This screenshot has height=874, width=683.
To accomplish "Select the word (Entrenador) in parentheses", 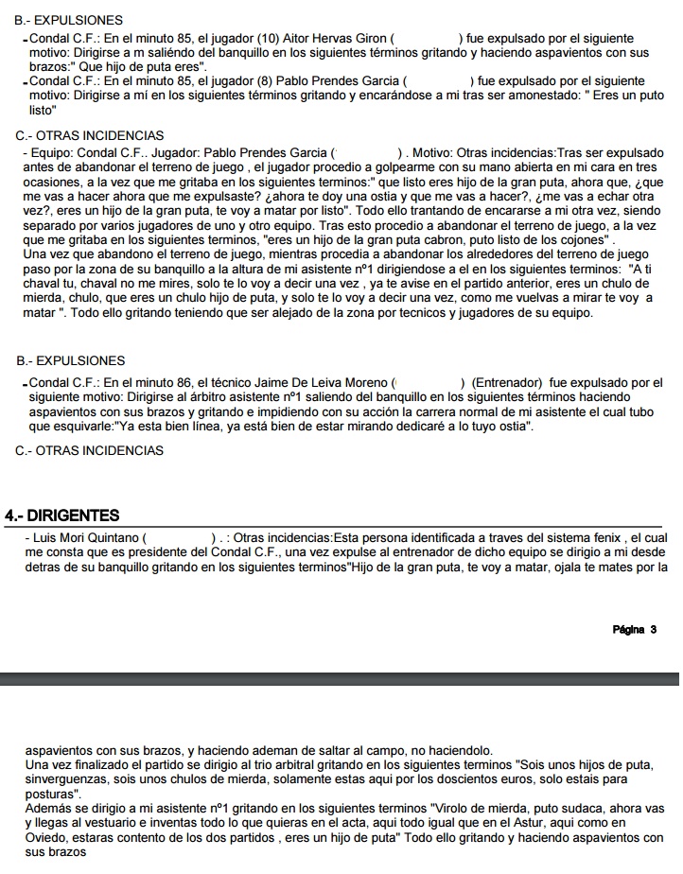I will (x=506, y=382).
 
